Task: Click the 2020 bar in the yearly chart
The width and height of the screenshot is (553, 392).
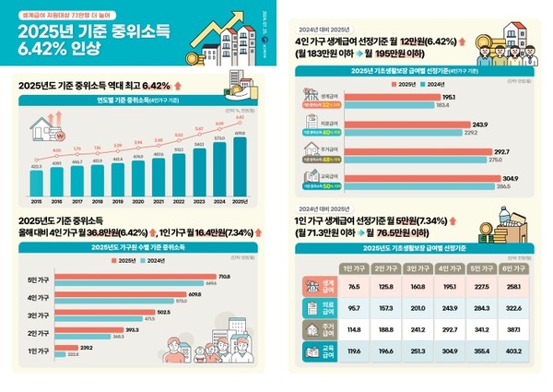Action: click(x=138, y=176)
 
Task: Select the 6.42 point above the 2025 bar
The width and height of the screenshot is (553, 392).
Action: click(x=241, y=117)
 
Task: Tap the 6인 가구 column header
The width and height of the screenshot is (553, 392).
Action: click(x=513, y=267)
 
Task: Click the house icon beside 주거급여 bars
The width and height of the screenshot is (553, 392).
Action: click(x=308, y=150)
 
